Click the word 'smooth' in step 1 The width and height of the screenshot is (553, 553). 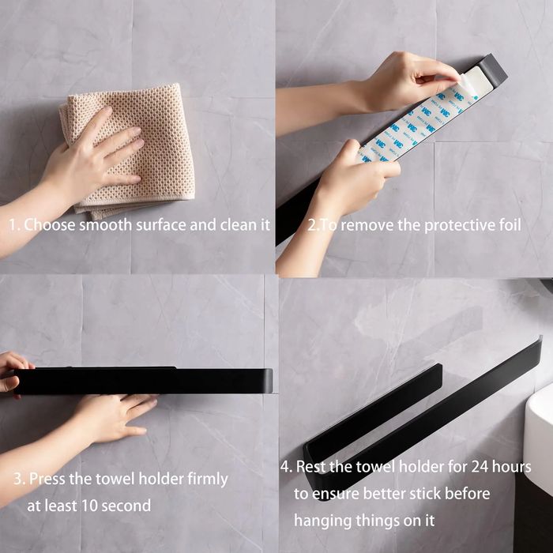coord(105,225)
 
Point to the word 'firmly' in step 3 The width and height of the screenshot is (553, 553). coord(208,480)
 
